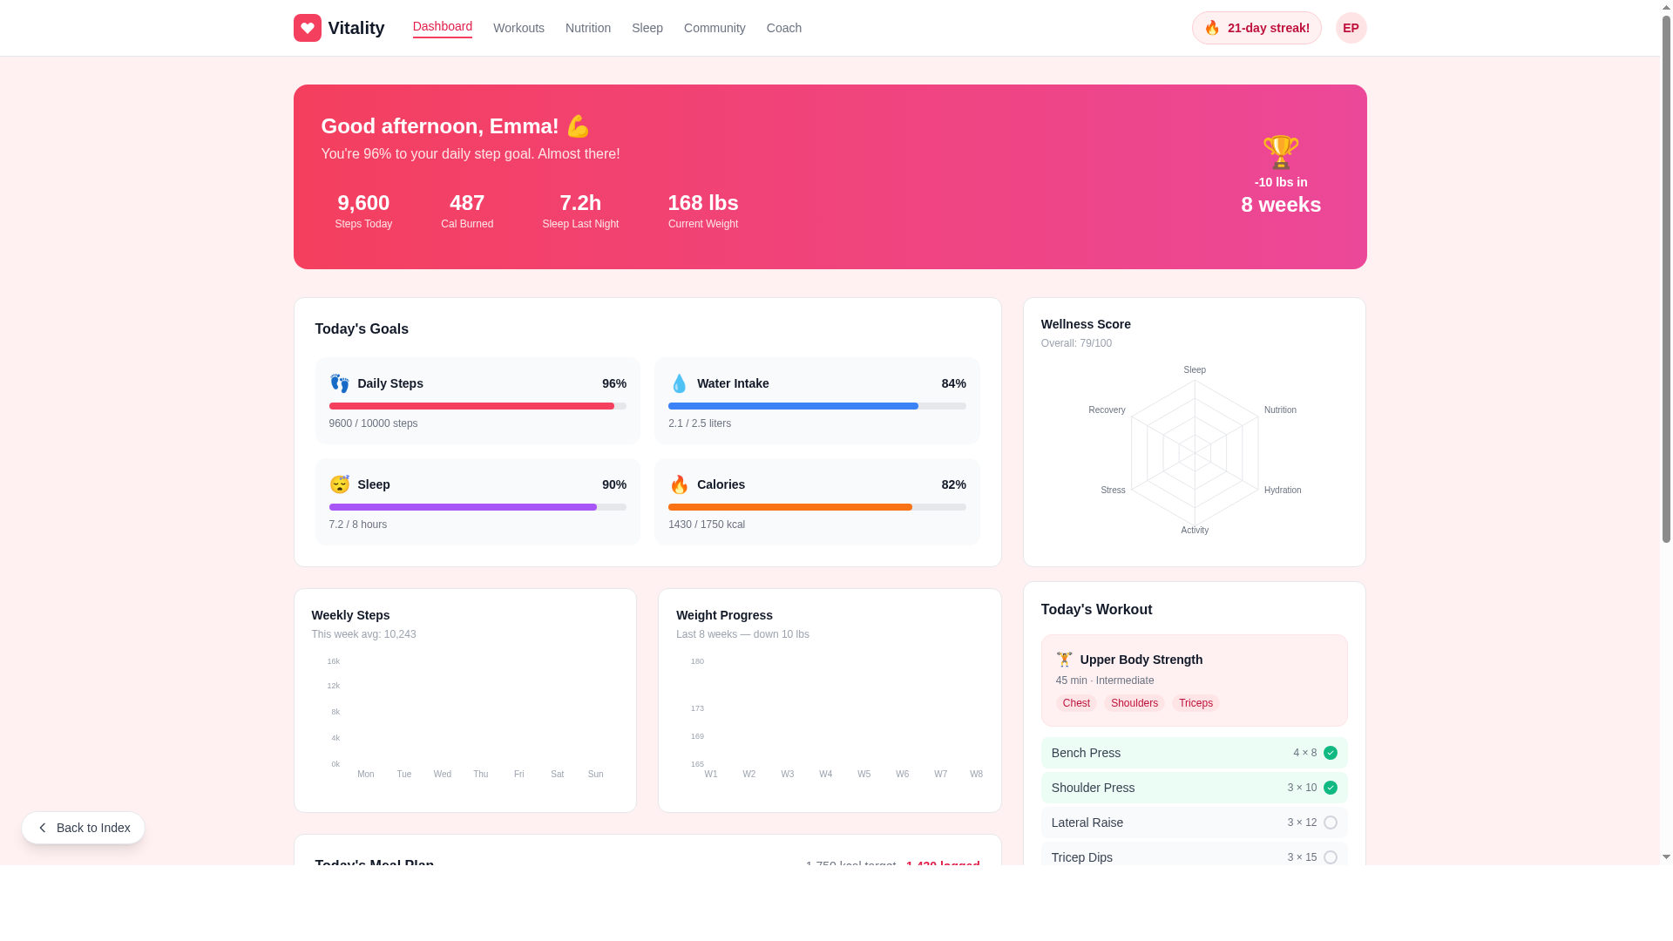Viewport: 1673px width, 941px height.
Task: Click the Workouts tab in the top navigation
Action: [518, 28]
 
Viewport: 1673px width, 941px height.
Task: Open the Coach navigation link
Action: [783, 28]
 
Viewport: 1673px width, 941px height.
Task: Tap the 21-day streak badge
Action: [1256, 28]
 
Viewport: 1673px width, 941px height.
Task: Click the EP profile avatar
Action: [1351, 28]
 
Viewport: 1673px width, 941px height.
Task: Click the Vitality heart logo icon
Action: [308, 28]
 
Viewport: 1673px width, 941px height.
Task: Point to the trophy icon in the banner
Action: [1280, 152]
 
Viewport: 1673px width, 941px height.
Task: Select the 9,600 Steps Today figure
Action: [363, 203]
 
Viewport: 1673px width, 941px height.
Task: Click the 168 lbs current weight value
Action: [702, 203]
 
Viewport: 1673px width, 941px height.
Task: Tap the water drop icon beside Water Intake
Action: [679, 383]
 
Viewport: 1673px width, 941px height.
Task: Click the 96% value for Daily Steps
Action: [613, 383]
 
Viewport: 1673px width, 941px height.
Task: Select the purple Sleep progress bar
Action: [463, 507]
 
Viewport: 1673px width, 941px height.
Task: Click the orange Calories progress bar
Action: [789, 507]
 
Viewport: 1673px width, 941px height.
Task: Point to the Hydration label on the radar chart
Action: [1282, 491]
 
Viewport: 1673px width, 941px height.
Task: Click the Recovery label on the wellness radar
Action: [1107, 410]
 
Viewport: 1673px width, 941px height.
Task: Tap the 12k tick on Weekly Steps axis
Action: [333, 687]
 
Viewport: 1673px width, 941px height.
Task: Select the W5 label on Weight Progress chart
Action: [864, 775]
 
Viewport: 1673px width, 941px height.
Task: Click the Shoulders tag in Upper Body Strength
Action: [1134, 703]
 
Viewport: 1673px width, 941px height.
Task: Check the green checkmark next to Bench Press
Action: [1330, 753]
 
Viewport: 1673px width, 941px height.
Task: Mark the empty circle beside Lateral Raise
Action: [1330, 823]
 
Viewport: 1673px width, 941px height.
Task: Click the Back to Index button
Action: [84, 828]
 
